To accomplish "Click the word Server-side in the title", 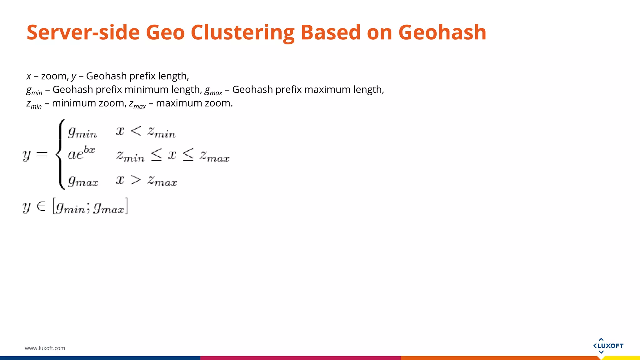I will (x=83, y=32).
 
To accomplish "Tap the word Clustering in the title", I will (x=242, y=32).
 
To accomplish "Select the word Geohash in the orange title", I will (x=442, y=32).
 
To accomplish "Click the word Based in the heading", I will (x=331, y=32).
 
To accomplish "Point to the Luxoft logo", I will (x=608, y=346).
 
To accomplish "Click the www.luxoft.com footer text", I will (x=45, y=348).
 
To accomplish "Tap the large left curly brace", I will (x=60, y=154).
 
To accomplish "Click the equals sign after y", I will (x=42, y=154).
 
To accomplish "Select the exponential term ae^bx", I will (x=81, y=153).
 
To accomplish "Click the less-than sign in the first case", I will (x=136, y=131).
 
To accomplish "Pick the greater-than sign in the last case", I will (x=136, y=180).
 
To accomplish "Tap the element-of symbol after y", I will (x=41, y=206).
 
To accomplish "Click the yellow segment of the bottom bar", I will (x=622, y=358).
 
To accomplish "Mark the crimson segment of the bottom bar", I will (x=300, y=358).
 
